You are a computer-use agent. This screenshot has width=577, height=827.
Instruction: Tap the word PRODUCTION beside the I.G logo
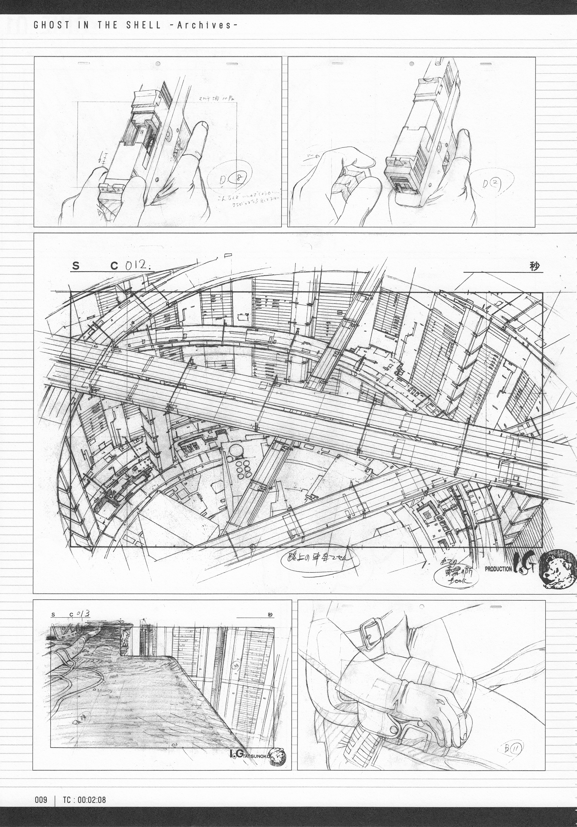tap(498, 569)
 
